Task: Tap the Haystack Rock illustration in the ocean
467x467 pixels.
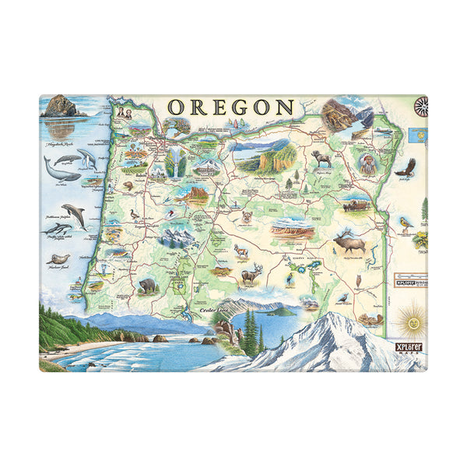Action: click(x=59, y=107)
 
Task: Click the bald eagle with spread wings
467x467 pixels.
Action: click(x=405, y=167)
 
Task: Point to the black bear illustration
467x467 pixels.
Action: click(x=146, y=285)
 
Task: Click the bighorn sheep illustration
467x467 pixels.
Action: click(x=321, y=158)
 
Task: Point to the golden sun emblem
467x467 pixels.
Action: click(x=410, y=320)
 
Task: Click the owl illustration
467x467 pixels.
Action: click(x=358, y=280)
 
